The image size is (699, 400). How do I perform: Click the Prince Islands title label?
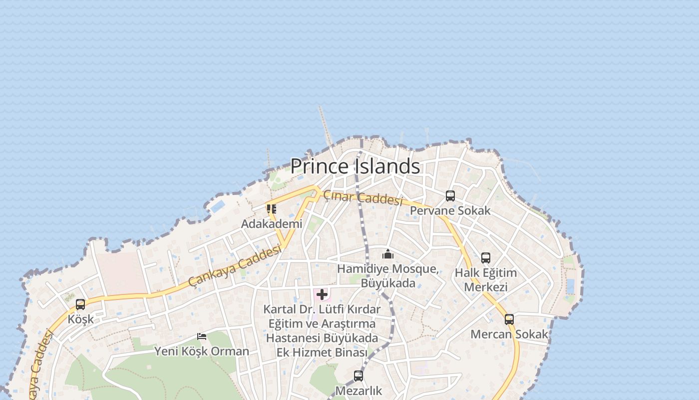coord(355,166)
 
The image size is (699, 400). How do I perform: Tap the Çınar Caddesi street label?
coord(363,198)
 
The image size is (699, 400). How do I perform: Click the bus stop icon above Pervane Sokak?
coord(450,196)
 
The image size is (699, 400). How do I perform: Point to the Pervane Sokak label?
coord(450,210)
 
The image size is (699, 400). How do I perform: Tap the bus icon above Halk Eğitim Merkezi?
coord(486,258)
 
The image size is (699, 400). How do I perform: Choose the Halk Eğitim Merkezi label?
coord(485,280)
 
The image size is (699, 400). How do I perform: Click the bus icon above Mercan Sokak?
coord(509,319)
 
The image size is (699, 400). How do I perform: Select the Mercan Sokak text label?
coord(509,334)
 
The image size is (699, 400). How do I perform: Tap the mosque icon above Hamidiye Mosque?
coord(388,254)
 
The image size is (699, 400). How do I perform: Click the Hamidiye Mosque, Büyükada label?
coord(388,276)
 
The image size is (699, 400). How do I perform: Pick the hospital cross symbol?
coord(322,294)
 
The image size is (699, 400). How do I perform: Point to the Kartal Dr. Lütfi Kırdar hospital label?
coord(322,331)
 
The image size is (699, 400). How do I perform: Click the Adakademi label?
coord(272,224)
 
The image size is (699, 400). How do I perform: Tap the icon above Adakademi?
coord(272,209)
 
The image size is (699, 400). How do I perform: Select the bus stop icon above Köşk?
coord(80,304)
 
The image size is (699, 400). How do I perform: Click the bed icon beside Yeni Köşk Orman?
coord(202,336)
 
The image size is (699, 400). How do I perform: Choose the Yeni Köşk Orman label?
coord(202,351)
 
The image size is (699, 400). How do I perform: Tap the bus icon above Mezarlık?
coord(358,376)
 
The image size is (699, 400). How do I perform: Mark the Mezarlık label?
coord(358,390)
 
